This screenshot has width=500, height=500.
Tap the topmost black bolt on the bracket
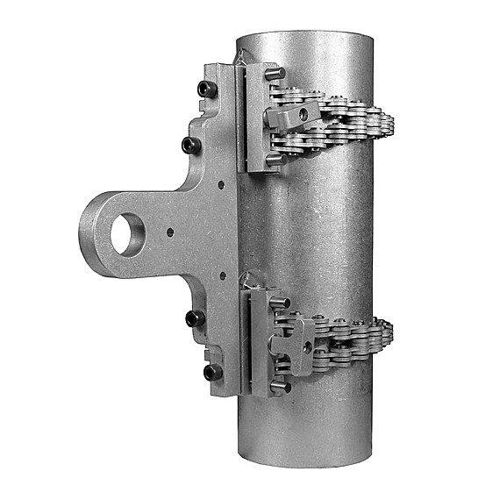tap(207, 89)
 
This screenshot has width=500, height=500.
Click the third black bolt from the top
tap(195, 317)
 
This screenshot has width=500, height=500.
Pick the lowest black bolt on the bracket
tap(211, 372)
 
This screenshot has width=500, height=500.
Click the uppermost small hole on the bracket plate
tap(220, 186)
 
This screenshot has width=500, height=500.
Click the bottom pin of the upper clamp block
tap(276, 161)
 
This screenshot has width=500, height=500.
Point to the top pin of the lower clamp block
tap(280, 303)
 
